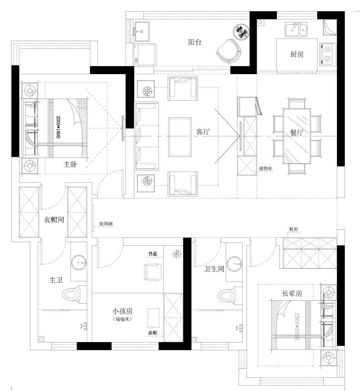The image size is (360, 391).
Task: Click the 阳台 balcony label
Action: (195, 42)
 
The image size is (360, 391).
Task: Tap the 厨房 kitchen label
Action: (297, 54)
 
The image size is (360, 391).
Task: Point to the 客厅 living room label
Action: (203, 132)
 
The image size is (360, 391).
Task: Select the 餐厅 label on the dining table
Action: (297, 132)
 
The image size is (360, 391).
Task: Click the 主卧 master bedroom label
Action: (70, 164)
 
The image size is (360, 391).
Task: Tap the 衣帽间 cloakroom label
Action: (54, 220)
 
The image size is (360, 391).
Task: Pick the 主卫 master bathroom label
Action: (56, 280)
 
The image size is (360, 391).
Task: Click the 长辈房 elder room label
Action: (292, 294)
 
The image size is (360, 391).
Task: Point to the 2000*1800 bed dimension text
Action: (58, 127)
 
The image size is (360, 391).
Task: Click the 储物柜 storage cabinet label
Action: (265, 169)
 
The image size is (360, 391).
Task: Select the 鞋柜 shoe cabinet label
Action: (294, 229)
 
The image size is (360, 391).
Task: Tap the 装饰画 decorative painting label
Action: (106, 224)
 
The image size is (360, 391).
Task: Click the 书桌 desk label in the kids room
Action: (152, 254)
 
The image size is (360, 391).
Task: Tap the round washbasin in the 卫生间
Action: (234, 264)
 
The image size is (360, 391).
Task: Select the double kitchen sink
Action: (296, 29)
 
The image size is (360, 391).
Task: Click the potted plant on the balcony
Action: (241, 32)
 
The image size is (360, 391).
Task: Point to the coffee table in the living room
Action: (180, 137)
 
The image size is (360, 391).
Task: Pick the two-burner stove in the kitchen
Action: (328, 54)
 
